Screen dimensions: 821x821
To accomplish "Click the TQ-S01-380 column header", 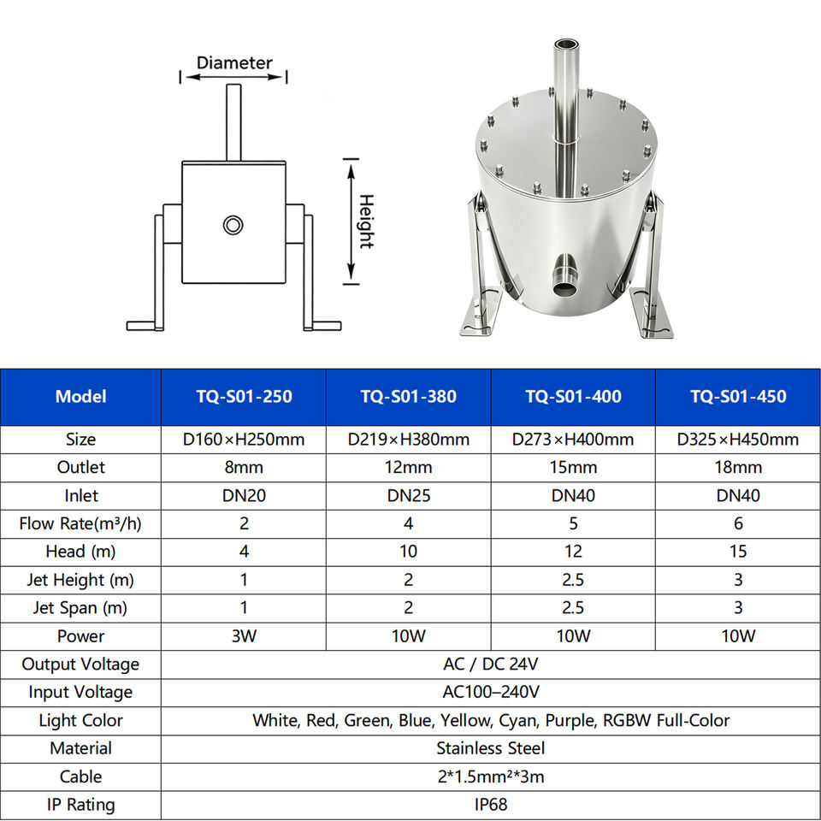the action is tap(409, 396).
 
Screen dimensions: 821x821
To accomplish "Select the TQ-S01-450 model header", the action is tap(738, 396).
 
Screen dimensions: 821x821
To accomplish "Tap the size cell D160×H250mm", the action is tap(244, 440).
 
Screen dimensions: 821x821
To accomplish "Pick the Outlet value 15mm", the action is tap(573, 467).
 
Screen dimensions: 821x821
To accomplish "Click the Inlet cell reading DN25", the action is tap(409, 495).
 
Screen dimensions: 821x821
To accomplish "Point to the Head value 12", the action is tap(573, 552).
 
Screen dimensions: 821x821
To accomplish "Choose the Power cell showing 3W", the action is tap(244, 636).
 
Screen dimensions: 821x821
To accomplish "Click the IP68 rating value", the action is tap(491, 804).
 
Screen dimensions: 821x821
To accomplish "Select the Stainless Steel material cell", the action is tap(491, 748).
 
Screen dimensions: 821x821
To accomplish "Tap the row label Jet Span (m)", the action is tap(80, 608).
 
